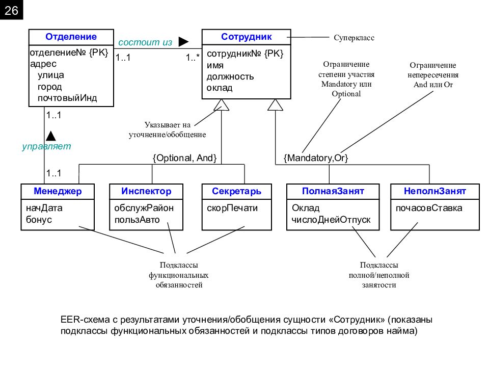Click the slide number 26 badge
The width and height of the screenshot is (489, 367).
pyautogui.click(x=12, y=10)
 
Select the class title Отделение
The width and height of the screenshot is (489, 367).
pyautogui.click(x=71, y=37)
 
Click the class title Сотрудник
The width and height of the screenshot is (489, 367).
pyautogui.click(x=247, y=37)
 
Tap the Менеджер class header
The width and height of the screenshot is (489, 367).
pyautogui.click(x=58, y=191)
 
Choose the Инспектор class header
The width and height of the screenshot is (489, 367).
pyautogui.click(x=146, y=191)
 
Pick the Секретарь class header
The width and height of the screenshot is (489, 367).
pyautogui.click(x=237, y=191)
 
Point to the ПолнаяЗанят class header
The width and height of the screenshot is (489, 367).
pyautogui.click(x=333, y=191)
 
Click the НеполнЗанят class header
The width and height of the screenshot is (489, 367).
pyautogui.click(x=435, y=191)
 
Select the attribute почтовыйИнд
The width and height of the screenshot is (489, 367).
pyautogui.click(x=67, y=98)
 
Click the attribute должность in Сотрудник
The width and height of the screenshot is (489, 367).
pyautogui.click(x=230, y=77)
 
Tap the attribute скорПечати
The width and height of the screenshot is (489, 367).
pyautogui.click(x=232, y=208)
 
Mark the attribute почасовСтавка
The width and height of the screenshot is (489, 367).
pyautogui.click(x=429, y=208)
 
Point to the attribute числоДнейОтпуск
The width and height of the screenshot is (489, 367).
pyautogui.click(x=331, y=220)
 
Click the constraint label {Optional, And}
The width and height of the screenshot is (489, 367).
pyautogui.click(x=184, y=158)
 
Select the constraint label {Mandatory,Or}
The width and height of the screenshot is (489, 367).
pyautogui.click(x=316, y=158)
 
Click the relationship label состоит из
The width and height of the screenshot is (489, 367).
pyautogui.click(x=145, y=42)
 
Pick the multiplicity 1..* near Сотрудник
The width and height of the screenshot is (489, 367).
pyautogui.click(x=193, y=58)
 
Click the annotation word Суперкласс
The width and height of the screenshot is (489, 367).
pyautogui.click(x=354, y=38)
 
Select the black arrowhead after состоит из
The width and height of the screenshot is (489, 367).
pyautogui.click(x=184, y=41)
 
